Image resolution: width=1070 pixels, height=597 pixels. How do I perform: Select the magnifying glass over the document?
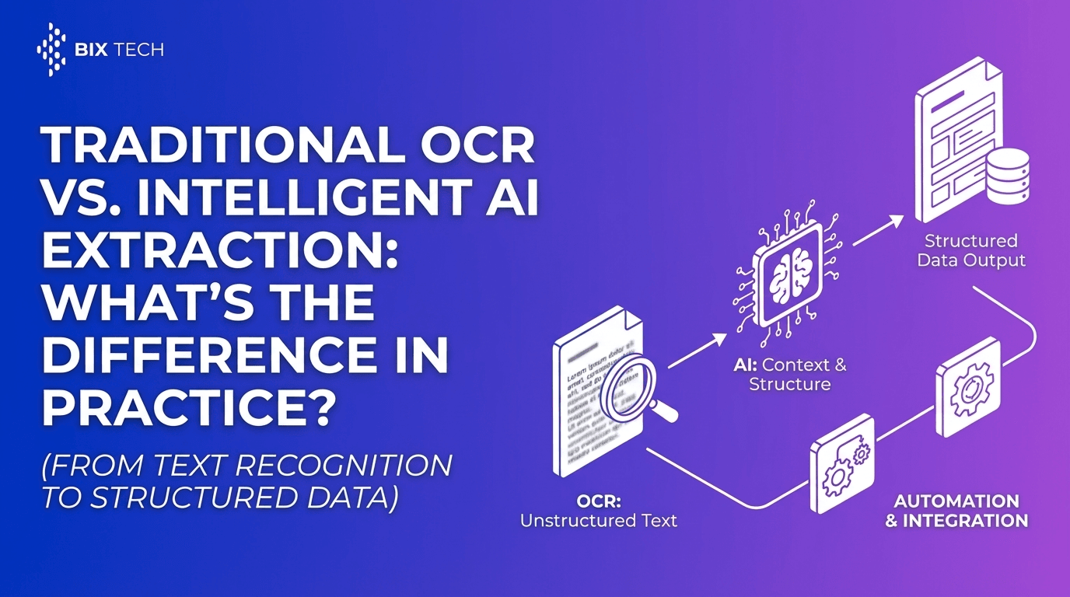[631, 382]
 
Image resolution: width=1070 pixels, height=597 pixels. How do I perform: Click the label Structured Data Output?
[971, 250]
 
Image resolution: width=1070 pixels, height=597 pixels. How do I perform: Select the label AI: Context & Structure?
[789, 374]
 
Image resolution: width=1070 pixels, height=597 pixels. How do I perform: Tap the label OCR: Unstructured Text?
[598, 511]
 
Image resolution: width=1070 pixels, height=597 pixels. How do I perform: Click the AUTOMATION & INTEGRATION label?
[956, 511]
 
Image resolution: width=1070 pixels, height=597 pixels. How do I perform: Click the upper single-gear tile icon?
[967, 386]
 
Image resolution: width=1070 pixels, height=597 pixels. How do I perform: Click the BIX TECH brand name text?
[120, 51]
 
